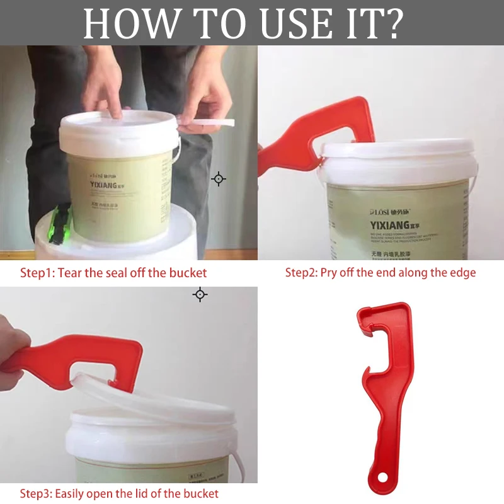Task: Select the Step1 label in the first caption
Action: coord(37,273)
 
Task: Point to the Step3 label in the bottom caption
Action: coord(37,493)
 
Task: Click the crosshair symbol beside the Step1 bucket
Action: coord(219,179)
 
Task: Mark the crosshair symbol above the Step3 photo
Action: coord(200,294)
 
